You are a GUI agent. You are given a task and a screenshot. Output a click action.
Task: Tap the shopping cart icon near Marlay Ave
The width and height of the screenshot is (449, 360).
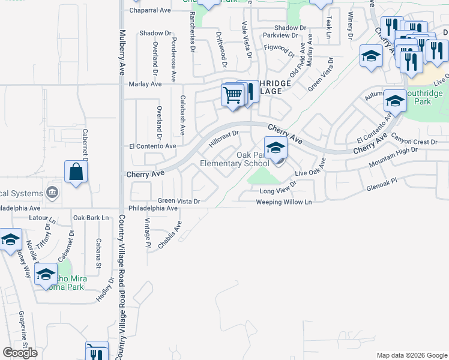coord(232,94)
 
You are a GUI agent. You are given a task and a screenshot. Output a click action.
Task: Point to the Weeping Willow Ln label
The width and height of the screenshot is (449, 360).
coord(285,202)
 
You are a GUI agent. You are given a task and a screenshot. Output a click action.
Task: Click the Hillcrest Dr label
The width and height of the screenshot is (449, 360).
coord(224,140)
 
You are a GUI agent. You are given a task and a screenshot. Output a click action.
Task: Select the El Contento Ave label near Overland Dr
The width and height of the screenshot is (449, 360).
coord(152,146)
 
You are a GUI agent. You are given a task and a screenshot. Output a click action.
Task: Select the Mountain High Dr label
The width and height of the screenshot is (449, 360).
coord(393,157)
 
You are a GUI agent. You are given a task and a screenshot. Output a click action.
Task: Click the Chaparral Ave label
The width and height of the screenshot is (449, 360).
coord(150,10)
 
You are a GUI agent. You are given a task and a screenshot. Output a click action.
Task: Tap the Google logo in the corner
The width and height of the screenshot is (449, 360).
coord(20,353)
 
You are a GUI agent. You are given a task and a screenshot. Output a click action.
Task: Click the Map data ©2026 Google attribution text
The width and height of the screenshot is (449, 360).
coord(411,355)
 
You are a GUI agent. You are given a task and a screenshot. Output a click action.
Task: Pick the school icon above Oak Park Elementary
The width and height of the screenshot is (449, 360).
coord(276,147)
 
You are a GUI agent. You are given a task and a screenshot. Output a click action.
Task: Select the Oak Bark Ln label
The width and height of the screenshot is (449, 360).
coord(91,217)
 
